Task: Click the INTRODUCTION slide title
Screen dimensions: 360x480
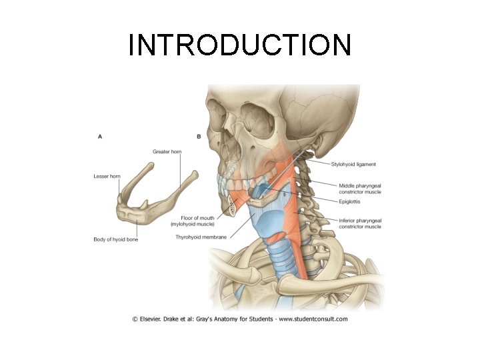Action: (239, 45)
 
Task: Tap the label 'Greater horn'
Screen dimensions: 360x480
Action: (167, 152)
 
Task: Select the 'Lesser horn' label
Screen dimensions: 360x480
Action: (107, 176)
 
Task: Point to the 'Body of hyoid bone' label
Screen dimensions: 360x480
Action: (115, 239)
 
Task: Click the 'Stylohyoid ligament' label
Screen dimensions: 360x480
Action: (353, 164)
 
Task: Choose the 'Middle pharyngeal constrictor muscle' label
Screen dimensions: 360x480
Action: (359, 188)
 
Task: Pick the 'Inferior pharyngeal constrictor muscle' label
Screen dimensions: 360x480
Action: (359, 223)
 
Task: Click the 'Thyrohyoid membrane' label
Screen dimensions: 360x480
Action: (200, 237)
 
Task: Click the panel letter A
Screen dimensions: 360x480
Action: (100, 136)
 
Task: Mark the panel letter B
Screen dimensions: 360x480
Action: (199, 136)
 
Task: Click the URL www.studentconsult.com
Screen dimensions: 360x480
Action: (313, 319)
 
